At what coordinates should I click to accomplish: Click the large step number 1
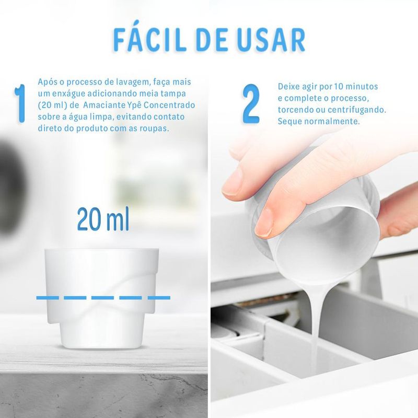tap(20, 103)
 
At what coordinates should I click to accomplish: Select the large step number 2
tap(251, 103)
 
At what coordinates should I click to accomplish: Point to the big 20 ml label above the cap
tap(103, 219)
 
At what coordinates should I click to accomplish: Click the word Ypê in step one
tap(134, 106)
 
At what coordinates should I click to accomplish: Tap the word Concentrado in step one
tap(169, 105)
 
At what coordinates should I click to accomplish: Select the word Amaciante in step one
tap(103, 105)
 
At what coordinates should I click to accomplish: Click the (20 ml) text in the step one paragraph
tap(53, 106)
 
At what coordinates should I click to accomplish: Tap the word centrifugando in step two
tap(357, 110)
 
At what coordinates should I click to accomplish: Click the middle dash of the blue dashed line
tap(102, 297)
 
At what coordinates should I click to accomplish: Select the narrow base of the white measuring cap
tap(102, 335)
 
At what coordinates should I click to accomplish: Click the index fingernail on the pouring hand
tap(264, 223)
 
